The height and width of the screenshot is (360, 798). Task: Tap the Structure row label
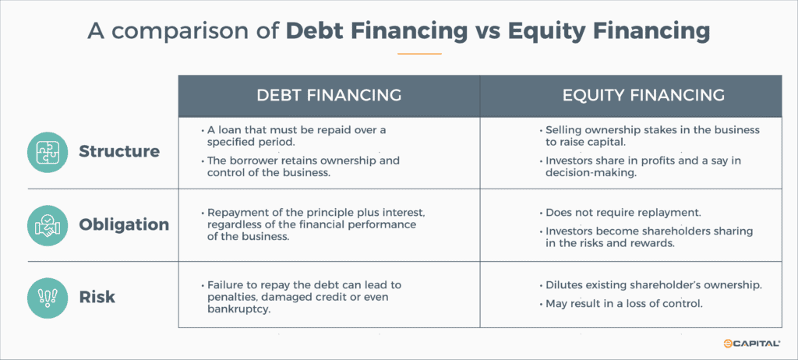coord(118,151)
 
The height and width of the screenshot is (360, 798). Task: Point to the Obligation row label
coord(124,224)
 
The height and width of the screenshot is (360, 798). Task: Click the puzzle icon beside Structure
coord(48,151)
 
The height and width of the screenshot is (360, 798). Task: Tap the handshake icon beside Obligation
coord(48,224)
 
